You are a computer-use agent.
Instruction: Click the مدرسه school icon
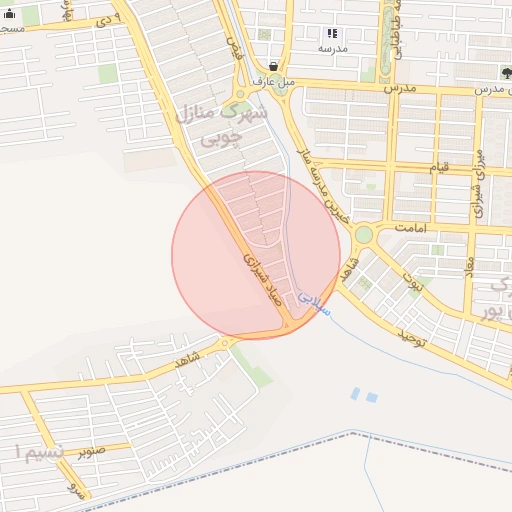(x=332, y=33)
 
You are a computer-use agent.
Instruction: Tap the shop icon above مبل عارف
(x=274, y=66)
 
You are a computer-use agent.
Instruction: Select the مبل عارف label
(x=273, y=81)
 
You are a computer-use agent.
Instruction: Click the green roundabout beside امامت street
(x=363, y=234)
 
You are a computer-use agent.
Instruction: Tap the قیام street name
(x=439, y=167)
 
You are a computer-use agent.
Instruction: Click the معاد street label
(x=467, y=266)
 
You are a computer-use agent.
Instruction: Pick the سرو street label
(x=72, y=489)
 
